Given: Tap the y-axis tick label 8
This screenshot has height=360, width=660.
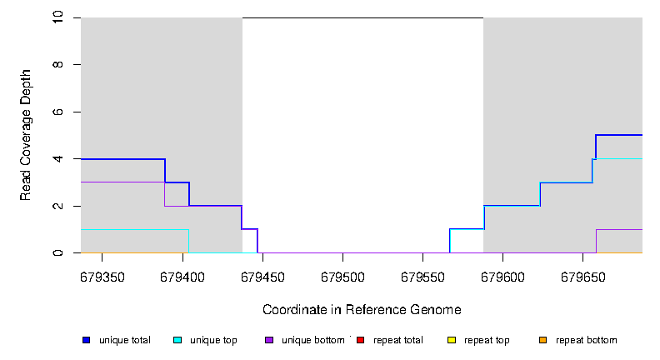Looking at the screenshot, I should click(x=59, y=65).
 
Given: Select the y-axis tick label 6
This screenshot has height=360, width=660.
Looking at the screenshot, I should click(x=59, y=112).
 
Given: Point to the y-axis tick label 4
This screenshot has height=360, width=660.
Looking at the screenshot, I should click(x=59, y=159).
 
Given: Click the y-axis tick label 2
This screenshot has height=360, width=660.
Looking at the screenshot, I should click(x=59, y=206).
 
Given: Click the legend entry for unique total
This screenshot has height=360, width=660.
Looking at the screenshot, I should click(x=124, y=340).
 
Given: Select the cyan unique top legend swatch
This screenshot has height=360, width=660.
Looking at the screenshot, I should click(x=177, y=340).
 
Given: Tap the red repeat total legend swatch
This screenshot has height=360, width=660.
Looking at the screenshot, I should click(x=360, y=340).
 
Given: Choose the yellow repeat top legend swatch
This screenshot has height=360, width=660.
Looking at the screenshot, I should click(x=451, y=340).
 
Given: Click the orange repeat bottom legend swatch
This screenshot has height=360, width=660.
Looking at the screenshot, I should click(x=542, y=340).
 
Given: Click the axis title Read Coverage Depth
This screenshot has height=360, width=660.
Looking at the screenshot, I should click(x=26, y=136).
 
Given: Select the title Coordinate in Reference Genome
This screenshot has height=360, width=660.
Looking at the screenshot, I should click(x=362, y=309).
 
